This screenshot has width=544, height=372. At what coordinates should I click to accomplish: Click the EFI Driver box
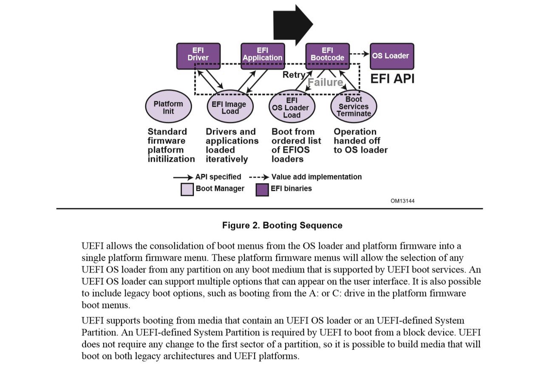click(x=198, y=56)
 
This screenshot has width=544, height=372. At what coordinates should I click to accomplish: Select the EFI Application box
click(x=262, y=56)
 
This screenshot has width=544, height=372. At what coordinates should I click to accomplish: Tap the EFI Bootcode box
click(x=327, y=56)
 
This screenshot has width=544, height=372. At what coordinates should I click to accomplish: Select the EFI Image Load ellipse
click(x=230, y=106)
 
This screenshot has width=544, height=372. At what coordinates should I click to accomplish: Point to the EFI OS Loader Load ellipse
click(x=292, y=106)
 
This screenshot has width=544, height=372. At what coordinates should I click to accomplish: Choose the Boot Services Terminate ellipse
click(x=354, y=106)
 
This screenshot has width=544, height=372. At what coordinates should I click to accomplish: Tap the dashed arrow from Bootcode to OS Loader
click(x=359, y=54)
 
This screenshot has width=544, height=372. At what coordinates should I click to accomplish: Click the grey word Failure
click(x=325, y=82)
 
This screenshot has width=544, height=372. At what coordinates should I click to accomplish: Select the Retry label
click(x=294, y=75)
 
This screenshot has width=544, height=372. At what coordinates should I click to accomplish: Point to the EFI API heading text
click(x=392, y=79)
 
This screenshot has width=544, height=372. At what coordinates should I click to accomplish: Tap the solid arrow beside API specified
click(x=183, y=177)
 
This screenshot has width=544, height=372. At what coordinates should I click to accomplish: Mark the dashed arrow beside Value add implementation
click(x=259, y=177)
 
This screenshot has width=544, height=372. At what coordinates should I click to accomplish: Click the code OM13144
click(x=402, y=201)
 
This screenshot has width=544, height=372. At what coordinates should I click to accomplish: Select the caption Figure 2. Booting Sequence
click(x=282, y=225)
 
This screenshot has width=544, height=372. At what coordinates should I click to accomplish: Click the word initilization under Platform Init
click(x=171, y=159)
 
